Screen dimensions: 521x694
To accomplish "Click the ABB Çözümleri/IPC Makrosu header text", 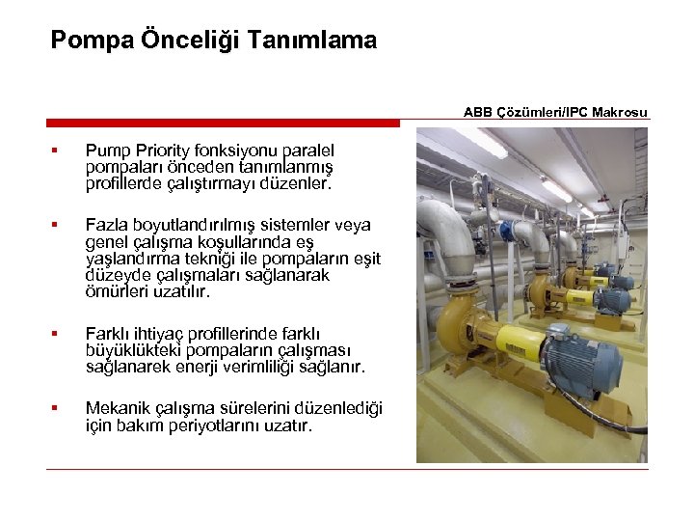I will [x=555, y=112].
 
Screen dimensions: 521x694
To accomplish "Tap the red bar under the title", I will [x=223, y=123].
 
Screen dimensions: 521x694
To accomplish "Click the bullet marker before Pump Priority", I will [x=57, y=150].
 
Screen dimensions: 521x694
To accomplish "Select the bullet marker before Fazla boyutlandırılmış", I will [x=57, y=225].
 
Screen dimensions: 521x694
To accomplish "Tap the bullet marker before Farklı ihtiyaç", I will [x=57, y=334].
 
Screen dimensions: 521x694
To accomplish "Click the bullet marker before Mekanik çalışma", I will [x=57, y=408].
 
